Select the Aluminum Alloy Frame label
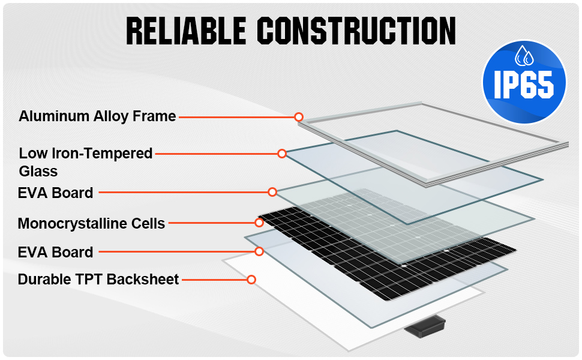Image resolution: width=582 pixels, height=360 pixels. pos(97,116)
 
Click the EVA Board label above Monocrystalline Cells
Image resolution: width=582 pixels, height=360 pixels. pos(56,193)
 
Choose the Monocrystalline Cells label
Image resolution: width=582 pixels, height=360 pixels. pos(91,224)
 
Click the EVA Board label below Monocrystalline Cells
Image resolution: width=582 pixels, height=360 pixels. pos(56,252)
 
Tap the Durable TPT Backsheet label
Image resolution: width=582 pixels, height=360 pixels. pos(98,280)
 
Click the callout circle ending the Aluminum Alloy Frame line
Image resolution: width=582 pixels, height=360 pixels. pos(299,117)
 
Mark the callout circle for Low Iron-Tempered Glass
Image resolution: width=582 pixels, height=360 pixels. pos(282,154)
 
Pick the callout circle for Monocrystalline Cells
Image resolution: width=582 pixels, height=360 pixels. pos(259,223)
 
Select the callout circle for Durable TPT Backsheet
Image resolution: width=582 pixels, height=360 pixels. pos(251,280)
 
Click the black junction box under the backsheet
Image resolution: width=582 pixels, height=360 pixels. pos(425,326)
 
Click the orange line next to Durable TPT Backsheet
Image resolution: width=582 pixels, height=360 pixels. pos(214,280)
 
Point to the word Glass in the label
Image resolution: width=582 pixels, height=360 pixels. pos(38,172)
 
